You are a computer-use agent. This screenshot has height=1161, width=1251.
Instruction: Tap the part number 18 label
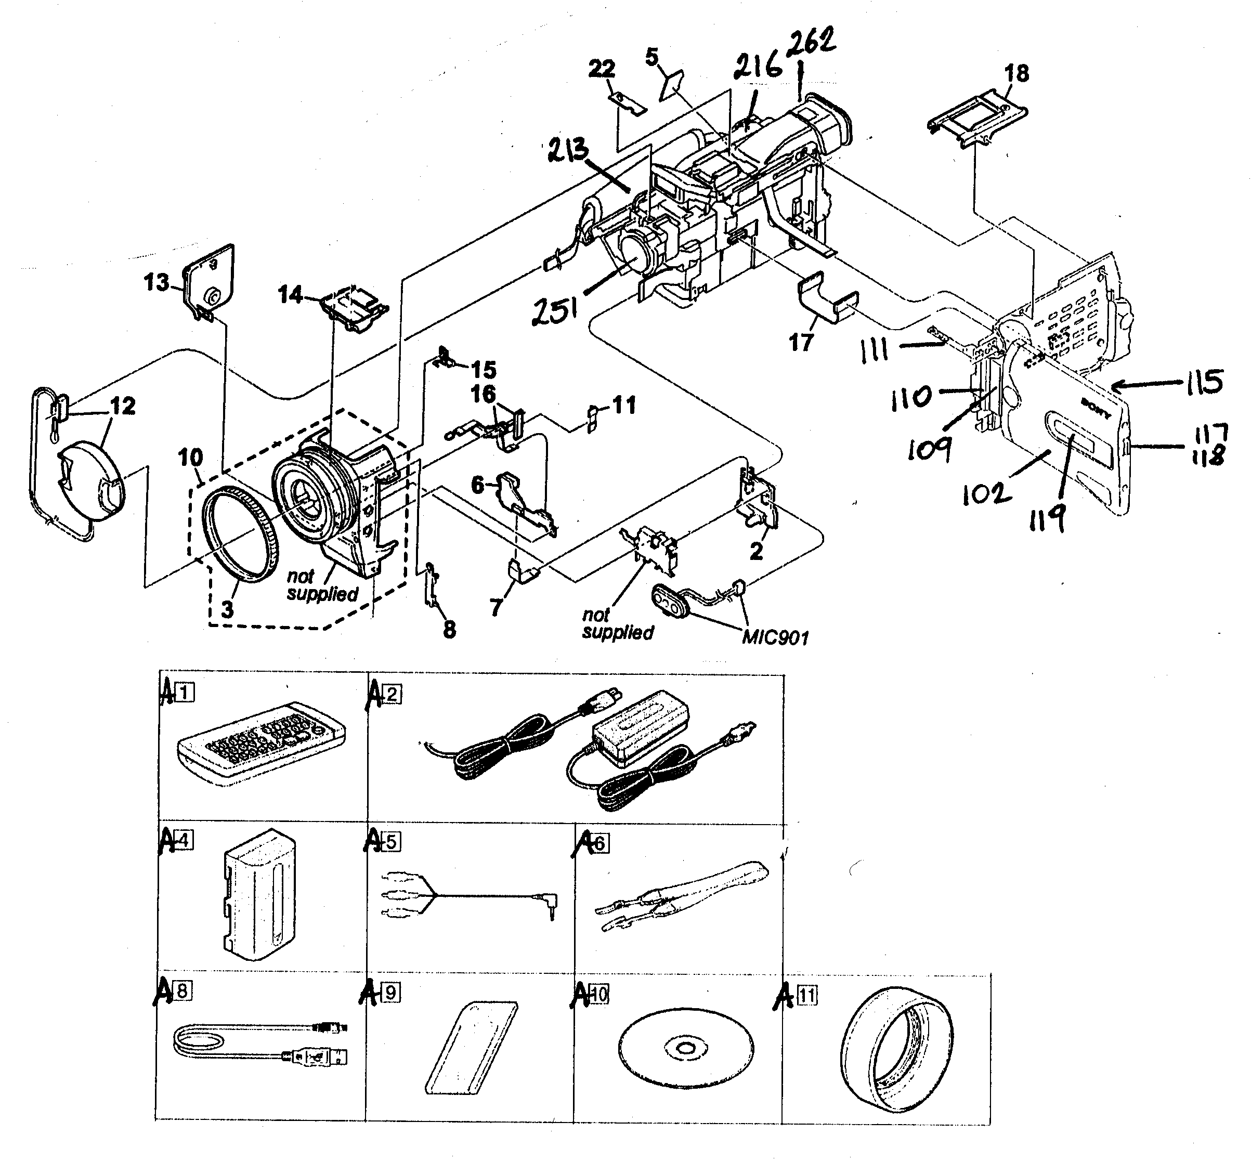[1016, 73]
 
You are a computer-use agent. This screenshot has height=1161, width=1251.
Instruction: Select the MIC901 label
[775, 637]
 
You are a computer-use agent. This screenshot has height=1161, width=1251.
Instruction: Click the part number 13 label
[157, 283]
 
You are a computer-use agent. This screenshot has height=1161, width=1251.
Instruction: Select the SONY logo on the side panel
[1096, 408]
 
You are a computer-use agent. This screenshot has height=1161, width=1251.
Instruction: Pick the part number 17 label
[801, 343]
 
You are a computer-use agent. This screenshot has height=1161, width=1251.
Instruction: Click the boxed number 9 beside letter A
[390, 993]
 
